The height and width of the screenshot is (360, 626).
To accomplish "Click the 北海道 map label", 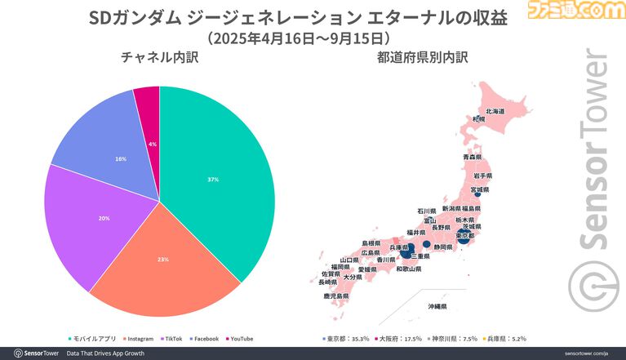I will point(495,111).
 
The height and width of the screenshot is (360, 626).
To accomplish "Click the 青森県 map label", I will point(473,156).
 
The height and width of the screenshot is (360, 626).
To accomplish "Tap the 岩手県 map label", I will point(482,176).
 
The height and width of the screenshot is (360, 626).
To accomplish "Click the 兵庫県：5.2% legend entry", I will point(510,338).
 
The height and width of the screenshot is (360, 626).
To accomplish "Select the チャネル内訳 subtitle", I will point(159,58).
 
